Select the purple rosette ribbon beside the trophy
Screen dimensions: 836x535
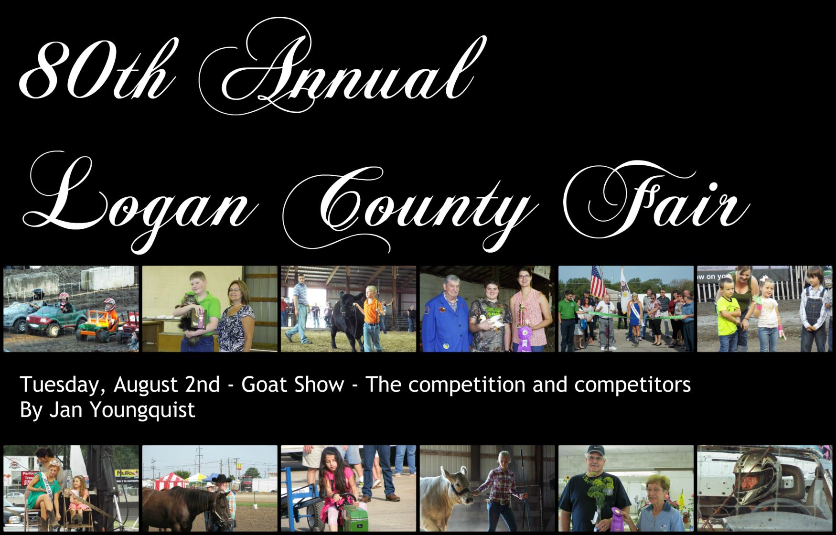525,337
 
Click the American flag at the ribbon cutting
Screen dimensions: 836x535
598,282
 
